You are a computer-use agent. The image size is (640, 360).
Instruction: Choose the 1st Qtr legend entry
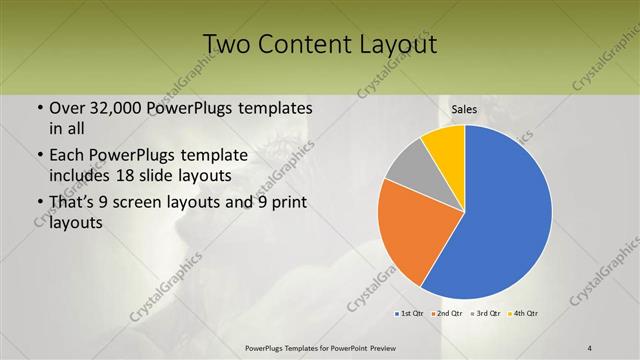(409, 313)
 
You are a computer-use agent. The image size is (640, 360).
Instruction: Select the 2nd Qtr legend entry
(446, 313)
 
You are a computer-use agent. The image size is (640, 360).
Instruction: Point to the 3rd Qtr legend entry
(485, 313)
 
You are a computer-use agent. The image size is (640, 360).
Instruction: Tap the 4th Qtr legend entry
(523, 313)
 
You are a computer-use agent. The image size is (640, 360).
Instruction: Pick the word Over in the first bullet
(66, 108)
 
